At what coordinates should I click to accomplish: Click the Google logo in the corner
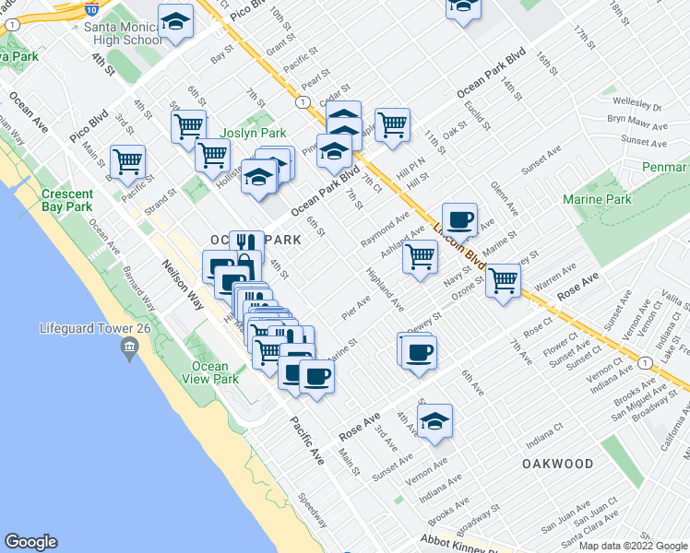tap(31, 542)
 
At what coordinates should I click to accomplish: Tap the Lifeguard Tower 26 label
tap(87, 328)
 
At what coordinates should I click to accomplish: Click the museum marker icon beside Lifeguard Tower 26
tap(128, 347)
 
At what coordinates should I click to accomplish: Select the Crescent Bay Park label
tap(67, 200)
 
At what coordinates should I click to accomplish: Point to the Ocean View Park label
tap(211, 372)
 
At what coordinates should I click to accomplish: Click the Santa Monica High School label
tap(124, 33)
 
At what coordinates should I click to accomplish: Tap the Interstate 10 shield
tap(91, 10)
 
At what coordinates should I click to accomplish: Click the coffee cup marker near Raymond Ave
tap(460, 220)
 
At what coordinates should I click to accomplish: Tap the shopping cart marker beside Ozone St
tap(503, 280)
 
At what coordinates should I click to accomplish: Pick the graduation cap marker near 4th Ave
tap(434, 421)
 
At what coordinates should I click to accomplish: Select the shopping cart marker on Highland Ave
tap(420, 256)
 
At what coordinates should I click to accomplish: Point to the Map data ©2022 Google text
tap(633, 546)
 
